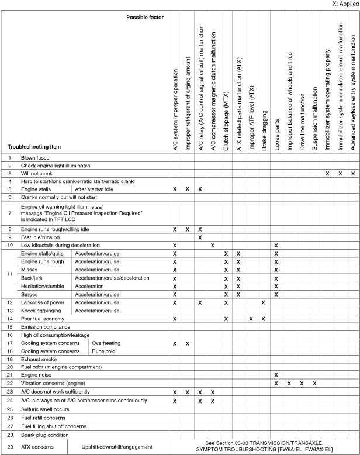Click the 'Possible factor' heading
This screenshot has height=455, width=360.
(x=145, y=17)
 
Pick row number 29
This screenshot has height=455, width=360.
(x=9, y=447)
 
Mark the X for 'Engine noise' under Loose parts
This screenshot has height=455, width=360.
(x=275, y=374)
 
